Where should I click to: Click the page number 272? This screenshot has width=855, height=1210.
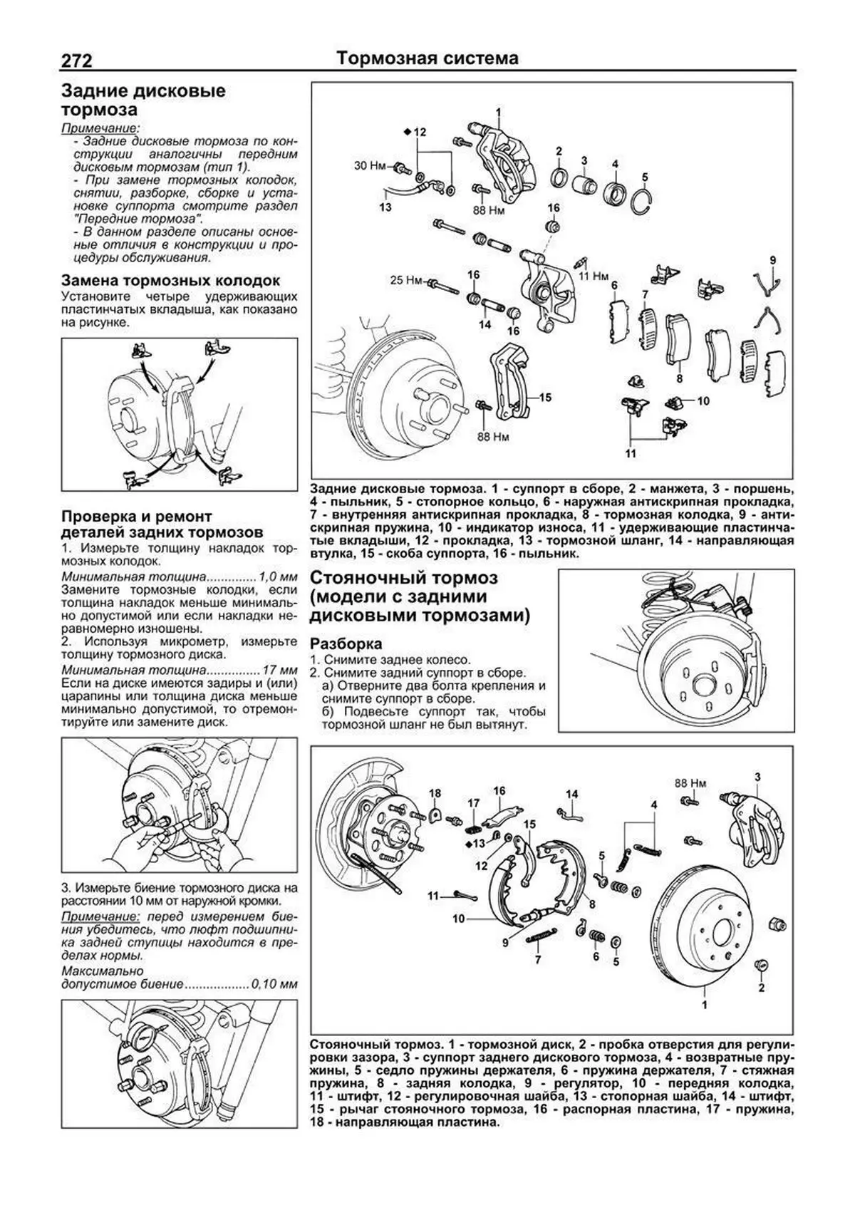coord(76,61)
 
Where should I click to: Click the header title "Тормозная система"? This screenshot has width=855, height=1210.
coord(427,58)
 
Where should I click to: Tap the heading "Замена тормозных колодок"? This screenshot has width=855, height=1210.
coord(171,281)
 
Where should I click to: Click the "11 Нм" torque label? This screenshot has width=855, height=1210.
coord(594,275)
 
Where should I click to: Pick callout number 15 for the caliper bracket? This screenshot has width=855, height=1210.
coord(545,397)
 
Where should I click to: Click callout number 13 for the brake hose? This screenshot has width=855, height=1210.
coord(385,207)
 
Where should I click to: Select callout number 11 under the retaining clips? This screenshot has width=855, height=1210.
coord(631,453)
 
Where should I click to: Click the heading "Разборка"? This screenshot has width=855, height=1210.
coord(341,644)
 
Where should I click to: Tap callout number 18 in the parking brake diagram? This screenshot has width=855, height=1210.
coord(435,793)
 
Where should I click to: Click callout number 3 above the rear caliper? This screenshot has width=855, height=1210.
coord(757,777)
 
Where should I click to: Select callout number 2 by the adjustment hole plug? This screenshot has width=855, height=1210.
coord(761,988)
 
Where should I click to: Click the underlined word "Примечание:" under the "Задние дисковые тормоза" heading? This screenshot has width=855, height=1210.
coord(89,128)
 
